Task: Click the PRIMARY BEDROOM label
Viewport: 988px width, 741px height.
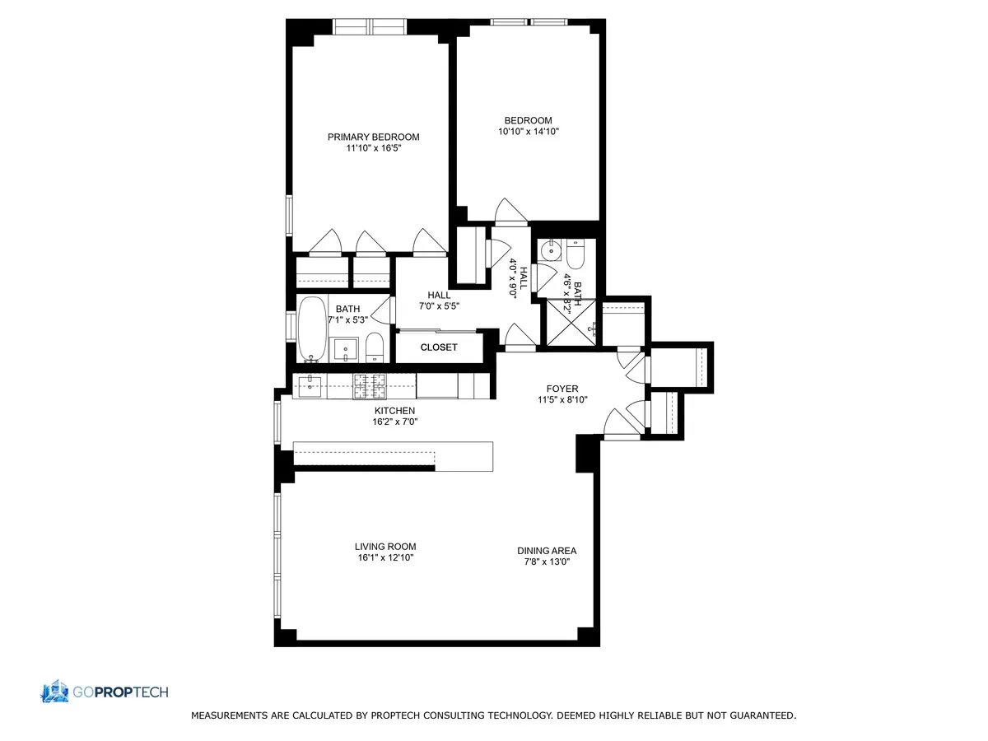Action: click(x=373, y=137)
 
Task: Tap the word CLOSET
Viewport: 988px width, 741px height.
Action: click(x=438, y=347)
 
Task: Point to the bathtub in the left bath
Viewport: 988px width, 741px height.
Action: click(x=311, y=329)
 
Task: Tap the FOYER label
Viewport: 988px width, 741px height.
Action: click(x=562, y=389)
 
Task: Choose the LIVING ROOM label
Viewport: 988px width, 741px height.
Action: click(x=385, y=546)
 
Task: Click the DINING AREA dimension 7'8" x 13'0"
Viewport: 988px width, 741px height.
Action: click(x=547, y=562)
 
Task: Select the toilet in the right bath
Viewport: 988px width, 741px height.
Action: click(x=574, y=255)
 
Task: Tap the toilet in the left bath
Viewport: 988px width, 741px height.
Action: click(x=375, y=347)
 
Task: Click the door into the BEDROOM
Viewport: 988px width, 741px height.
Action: click(x=510, y=212)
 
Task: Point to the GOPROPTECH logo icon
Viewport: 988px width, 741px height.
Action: click(x=55, y=692)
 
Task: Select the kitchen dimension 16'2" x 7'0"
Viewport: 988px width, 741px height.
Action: click(x=395, y=422)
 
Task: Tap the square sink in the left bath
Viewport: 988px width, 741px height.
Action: click(x=345, y=349)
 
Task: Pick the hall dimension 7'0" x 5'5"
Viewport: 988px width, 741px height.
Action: click(x=438, y=306)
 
